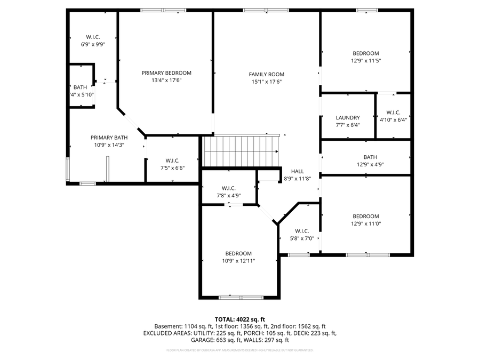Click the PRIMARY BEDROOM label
click(x=166, y=73)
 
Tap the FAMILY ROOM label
click(x=267, y=75)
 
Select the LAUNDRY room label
click(x=348, y=118)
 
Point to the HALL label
click(x=298, y=171)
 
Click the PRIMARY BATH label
click(x=108, y=138)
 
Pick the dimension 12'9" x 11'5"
click(x=365, y=61)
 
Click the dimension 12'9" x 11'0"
click(x=365, y=223)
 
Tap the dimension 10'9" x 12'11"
click(x=238, y=261)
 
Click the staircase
click(x=241, y=151)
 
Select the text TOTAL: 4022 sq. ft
click(x=239, y=319)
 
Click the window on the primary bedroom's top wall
click(x=163, y=10)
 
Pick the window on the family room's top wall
click(x=266, y=10)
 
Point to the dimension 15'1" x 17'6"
click(x=267, y=82)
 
